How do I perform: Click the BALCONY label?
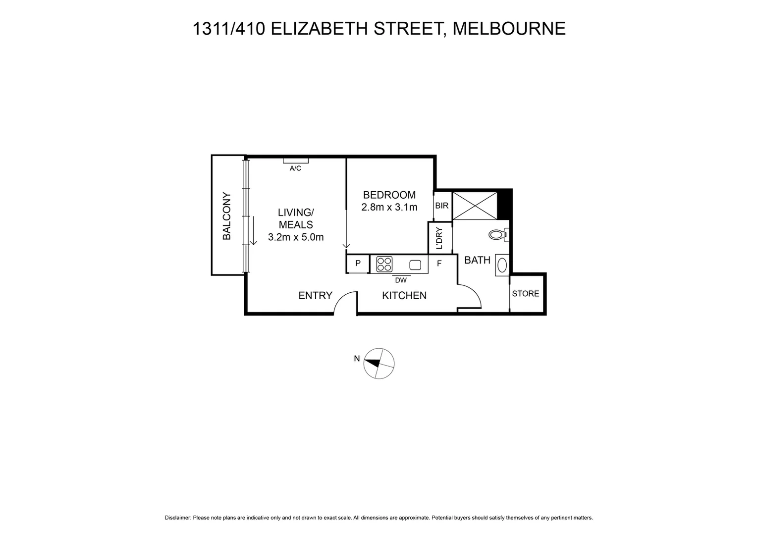[227, 216]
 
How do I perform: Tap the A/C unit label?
[295, 168]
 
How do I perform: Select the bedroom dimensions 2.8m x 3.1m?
[389, 208]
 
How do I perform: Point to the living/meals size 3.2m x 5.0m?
[296, 237]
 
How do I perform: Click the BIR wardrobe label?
[441, 205]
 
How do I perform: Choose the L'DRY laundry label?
[439, 238]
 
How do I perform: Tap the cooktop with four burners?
[384, 264]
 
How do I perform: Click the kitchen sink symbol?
[415, 264]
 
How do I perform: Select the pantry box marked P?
[358, 264]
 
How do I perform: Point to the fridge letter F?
[439, 264]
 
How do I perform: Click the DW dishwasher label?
[400, 280]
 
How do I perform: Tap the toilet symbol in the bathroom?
[497, 234]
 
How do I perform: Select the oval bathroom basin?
[502, 265]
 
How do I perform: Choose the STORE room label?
[525, 294]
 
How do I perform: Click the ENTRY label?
[315, 296]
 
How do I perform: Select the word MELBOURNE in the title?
[509, 29]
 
